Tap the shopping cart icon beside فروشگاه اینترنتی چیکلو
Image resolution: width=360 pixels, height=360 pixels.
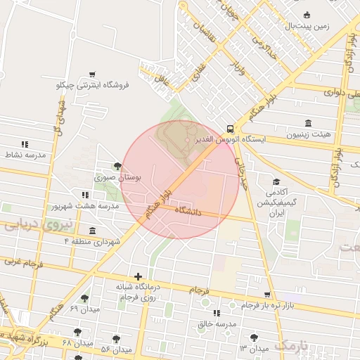coord(92,74)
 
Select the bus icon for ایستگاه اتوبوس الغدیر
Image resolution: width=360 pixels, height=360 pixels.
coord(231,128)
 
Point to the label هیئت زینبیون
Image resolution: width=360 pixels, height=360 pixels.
coord(312,133)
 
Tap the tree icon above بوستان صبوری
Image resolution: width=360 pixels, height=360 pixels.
coord(117,167)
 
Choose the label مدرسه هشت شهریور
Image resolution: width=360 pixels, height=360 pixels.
coord(84,206)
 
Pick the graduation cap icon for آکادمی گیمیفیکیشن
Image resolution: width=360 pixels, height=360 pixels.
coord(275,182)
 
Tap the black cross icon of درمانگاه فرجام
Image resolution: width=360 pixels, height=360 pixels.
coord(138,277)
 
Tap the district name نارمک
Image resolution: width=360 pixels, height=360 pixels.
coord(292,345)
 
